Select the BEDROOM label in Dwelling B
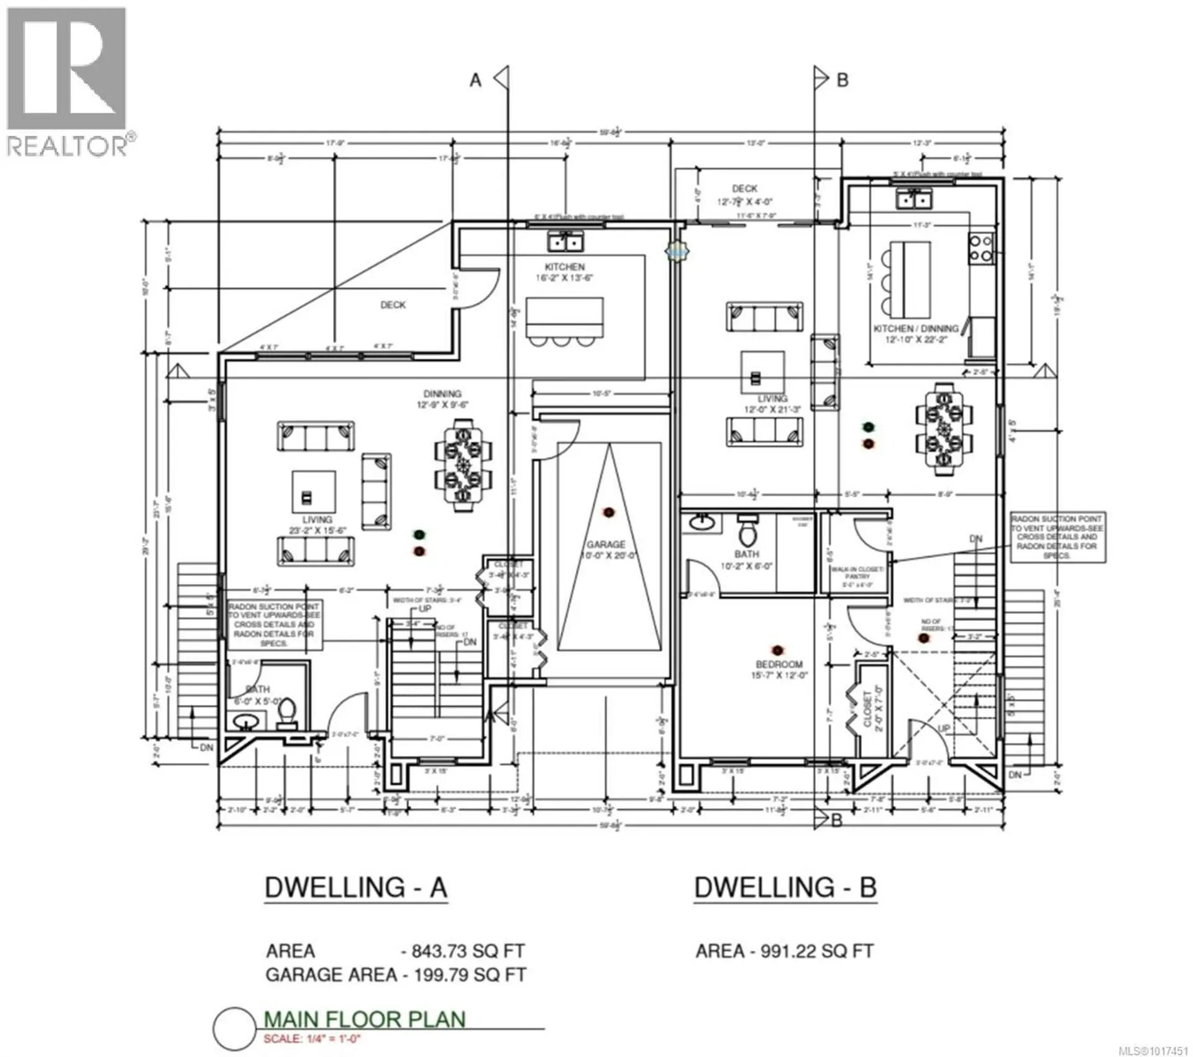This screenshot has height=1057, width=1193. (x=779, y=665)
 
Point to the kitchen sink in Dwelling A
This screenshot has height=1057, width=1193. (x=565, y=241)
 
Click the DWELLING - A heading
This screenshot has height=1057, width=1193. (x=356, y=887)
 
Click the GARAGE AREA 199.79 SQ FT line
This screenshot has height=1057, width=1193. (x=395, y=974)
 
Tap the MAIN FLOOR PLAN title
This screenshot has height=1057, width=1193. (x=365, y=1019)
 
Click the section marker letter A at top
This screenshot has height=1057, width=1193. (x=475, y=80)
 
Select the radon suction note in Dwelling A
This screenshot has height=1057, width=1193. (x=274, y=624)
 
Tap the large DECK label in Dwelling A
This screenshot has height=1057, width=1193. (x=393, y=305)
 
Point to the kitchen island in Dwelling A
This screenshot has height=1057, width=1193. (x=564, y=318)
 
